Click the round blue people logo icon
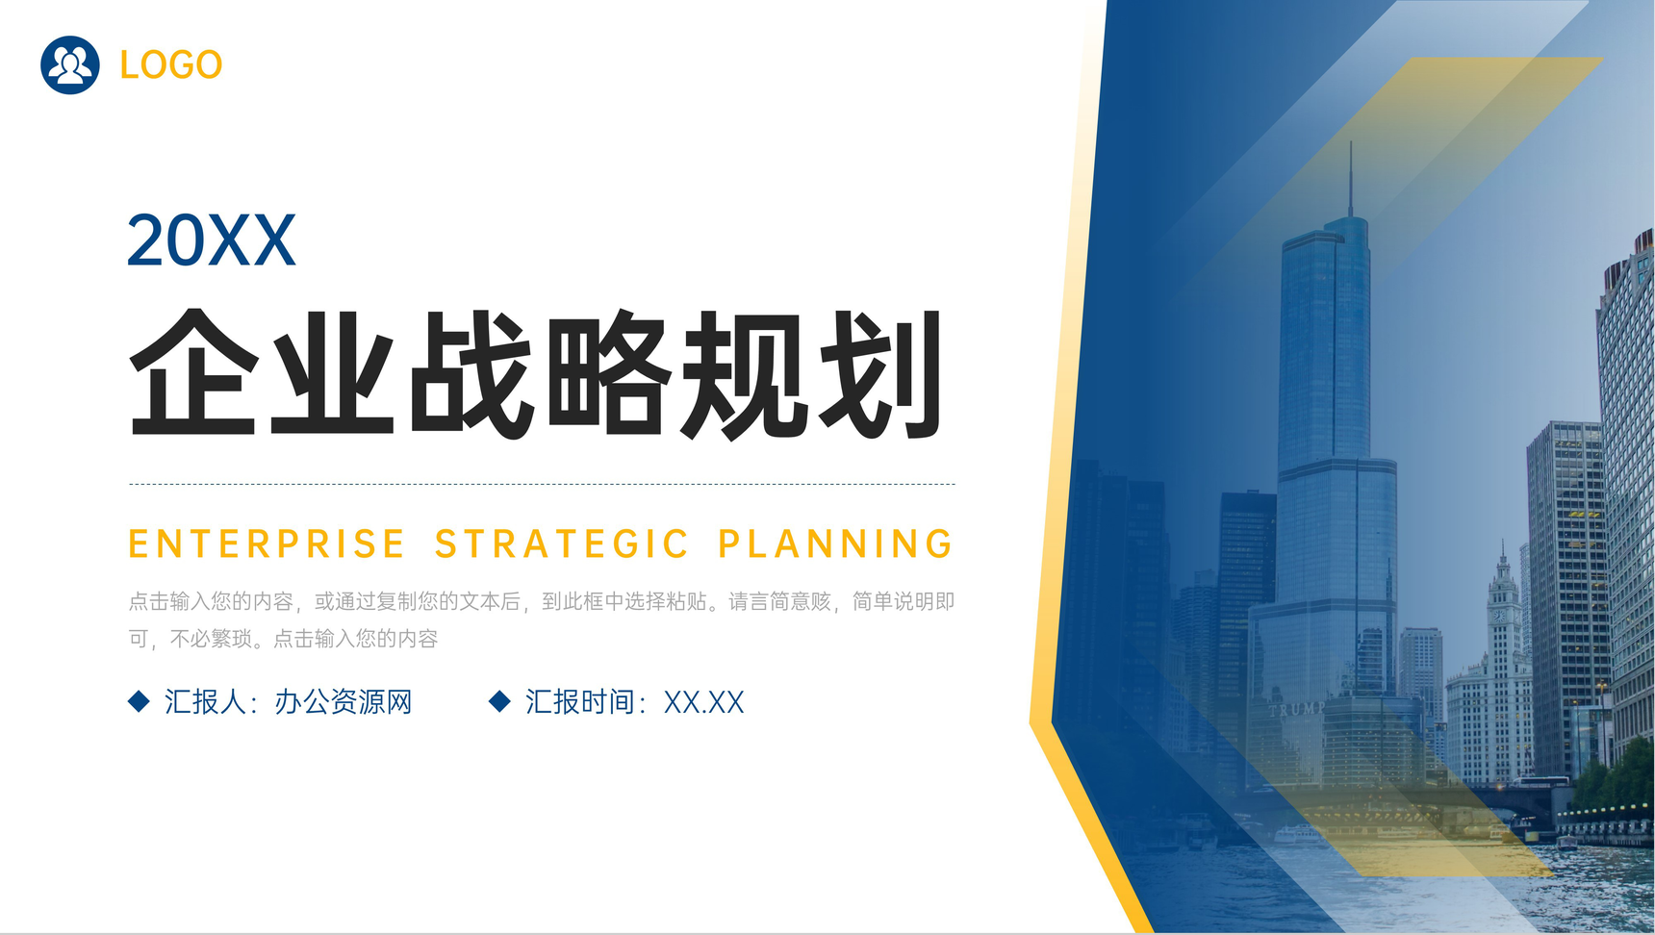click(x=69, y=65)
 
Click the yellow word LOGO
click(x=170, y=65)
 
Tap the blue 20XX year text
click(x=211, y=240)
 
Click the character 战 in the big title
click(x=471, y=373)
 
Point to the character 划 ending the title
click(x=880, y=373)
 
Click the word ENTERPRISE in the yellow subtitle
click(x=267, y=544)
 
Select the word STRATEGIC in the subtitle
click(x=562, y=544)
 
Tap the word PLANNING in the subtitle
click(x=835, y=544)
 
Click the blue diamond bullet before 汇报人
click(x=139, y=701)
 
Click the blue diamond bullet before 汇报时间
click(x=499, y=701)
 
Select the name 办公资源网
click(x=344, y=702)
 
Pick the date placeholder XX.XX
click(x=703, y=702)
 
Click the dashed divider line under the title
click(x=542, y=484)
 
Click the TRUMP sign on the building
click(x=1296, y=710)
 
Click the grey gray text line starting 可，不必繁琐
click(x=283, y=639)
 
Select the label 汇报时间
click(x=579, y=702)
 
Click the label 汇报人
click(x=205, y=702)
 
